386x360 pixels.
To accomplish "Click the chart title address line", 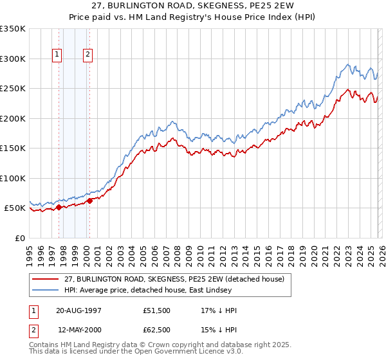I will coord(192,6).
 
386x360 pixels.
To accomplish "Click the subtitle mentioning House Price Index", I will coord(192,17).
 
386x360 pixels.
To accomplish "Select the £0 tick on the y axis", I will coord(20,238).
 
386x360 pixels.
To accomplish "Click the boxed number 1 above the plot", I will coord(58,55).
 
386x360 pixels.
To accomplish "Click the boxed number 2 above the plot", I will coord(87,55).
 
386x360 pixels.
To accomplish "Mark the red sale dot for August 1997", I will coord(59,207).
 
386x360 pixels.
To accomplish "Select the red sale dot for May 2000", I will coord(89,201).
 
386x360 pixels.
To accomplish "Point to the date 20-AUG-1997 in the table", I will coord(78,310).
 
